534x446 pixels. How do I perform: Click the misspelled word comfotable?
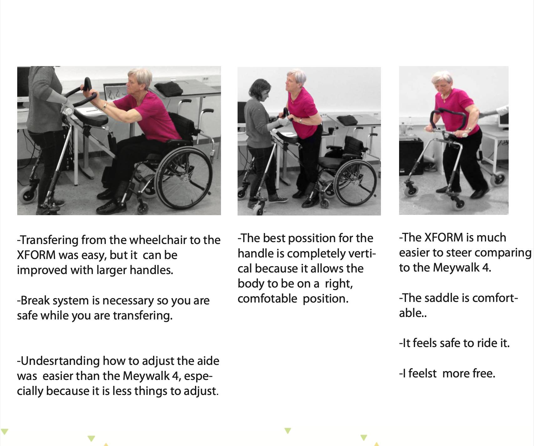pos(267,298)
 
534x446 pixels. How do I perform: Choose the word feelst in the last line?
pos(422,373)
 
